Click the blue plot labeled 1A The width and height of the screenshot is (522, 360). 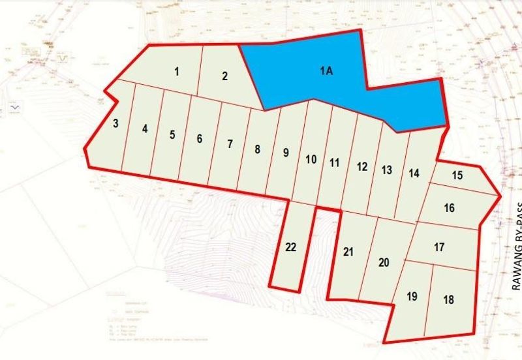[x=326, y=72]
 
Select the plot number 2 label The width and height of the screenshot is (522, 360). [x=224, y=76]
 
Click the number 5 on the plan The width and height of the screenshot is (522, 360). [x=172, y=135]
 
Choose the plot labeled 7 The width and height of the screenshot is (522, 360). [x=230, y=144]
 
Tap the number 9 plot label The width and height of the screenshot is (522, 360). [x=286, y=153]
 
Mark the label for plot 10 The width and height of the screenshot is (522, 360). [x=311, y=159]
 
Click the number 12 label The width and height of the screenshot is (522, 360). [x=361, y=166]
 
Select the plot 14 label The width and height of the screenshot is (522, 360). [x=414, y=173]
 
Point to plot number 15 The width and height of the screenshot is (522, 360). [x=457, y=175]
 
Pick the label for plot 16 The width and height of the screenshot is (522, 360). [x=449, y=209]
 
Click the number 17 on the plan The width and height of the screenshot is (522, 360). [x=439, y=248]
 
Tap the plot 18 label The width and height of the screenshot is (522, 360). [x=448, y=300]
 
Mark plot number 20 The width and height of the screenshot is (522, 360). [x=384, y=262]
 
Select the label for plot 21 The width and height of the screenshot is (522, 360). [x=348, y=252]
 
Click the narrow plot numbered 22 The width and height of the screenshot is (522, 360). [x=291, y=247]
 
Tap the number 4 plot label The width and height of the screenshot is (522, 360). [x=145, y=128]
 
